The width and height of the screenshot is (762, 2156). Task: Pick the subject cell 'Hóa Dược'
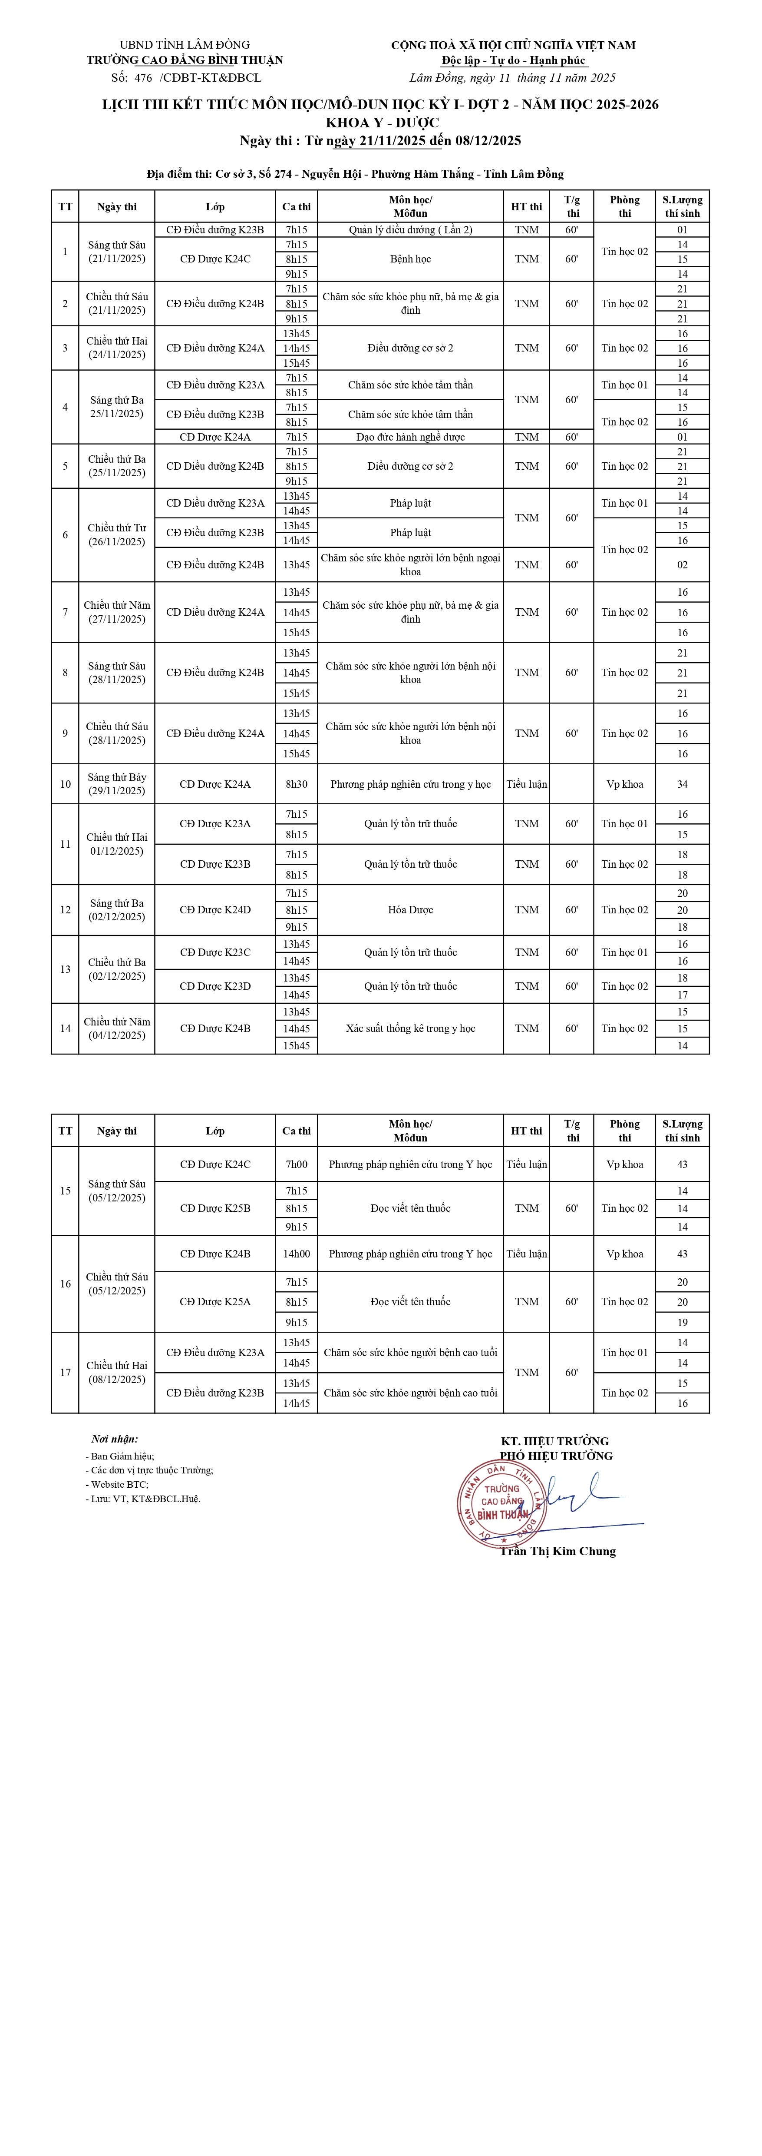[410, 910]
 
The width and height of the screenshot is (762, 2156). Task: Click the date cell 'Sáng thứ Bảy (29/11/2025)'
[116, 784]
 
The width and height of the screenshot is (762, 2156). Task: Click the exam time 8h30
[296, 784]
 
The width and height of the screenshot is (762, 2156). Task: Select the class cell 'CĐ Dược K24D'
[215, 910]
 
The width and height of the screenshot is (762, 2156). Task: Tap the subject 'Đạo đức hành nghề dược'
[410, 437]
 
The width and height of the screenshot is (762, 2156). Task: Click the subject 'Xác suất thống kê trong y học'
[410, 1028]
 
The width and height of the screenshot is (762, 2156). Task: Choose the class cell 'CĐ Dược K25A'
[215, 1301]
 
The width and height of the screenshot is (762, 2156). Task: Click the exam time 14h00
[296, 1254]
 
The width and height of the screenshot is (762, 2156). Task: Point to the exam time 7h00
[296, 1164]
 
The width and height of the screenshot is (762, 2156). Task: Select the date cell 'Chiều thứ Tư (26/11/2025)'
[116, 535]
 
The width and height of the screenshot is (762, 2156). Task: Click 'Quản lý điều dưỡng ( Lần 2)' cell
[410, 229]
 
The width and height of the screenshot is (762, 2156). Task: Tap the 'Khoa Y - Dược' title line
[381, 122]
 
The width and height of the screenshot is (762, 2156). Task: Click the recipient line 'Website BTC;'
[119, 1484]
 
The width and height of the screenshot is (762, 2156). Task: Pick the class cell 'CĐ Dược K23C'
[215, 952]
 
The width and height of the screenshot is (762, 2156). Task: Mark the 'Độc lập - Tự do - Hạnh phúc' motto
[514, 60]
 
